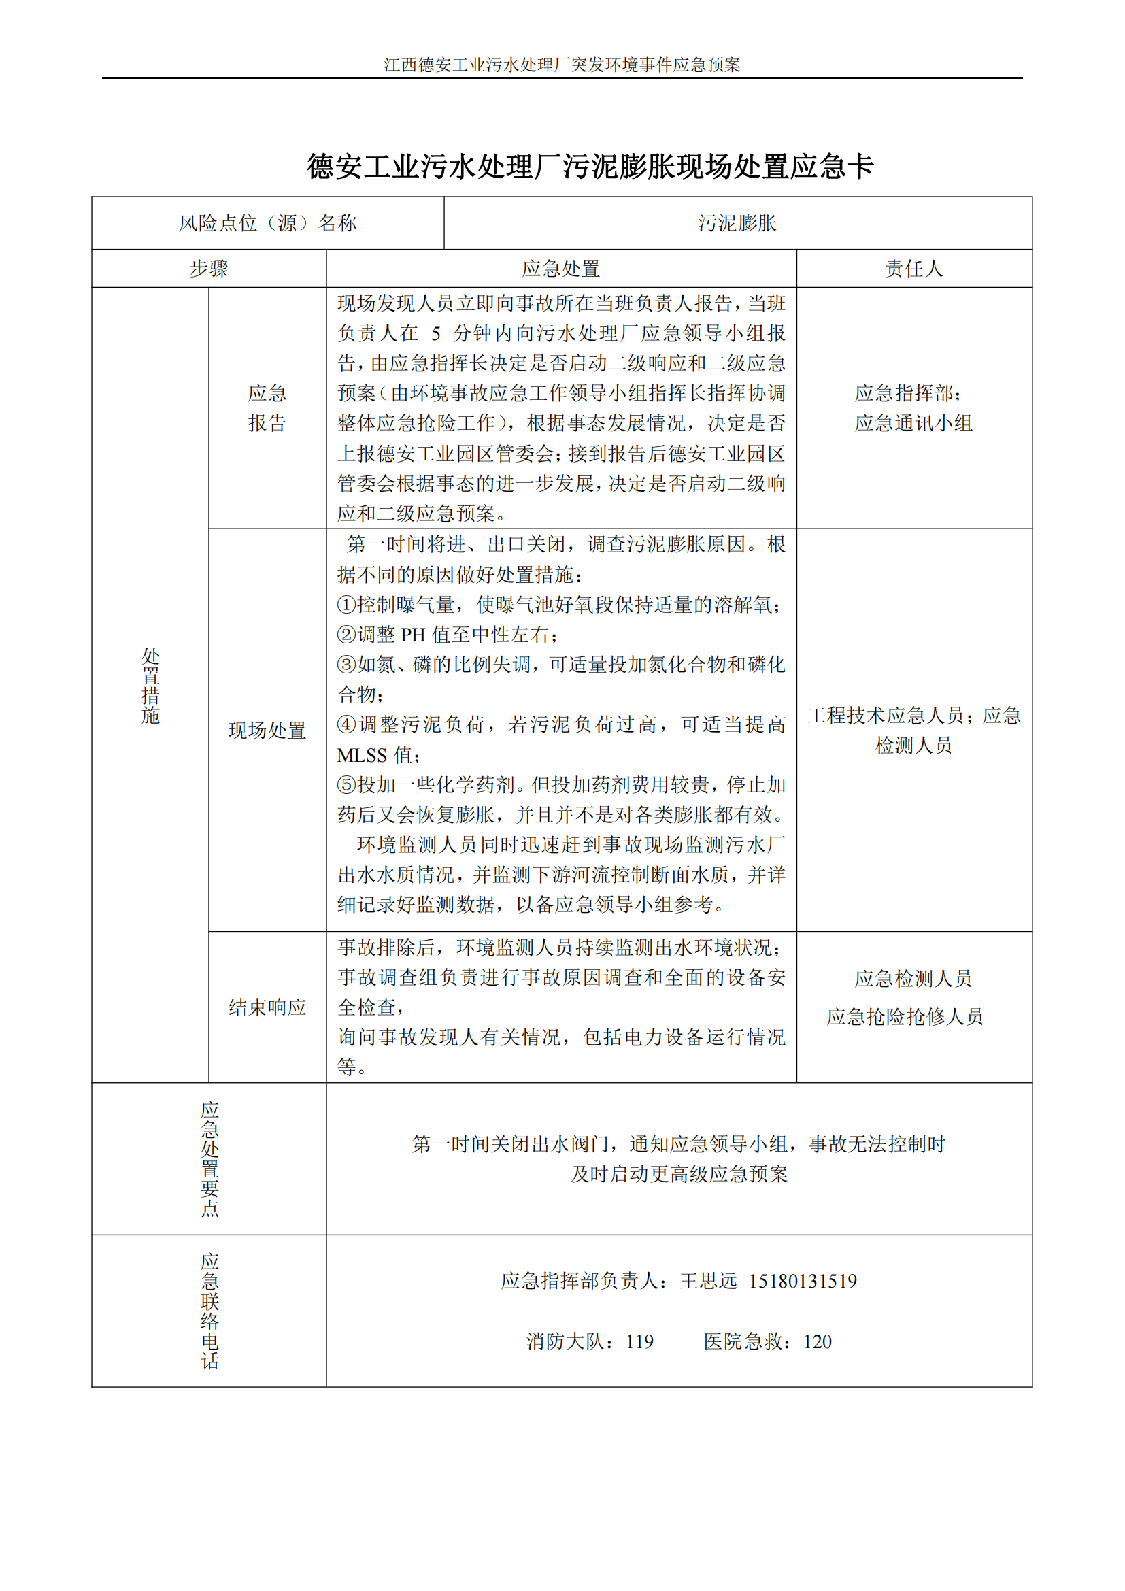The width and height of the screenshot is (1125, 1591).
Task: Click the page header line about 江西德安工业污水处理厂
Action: (x=562, y=65)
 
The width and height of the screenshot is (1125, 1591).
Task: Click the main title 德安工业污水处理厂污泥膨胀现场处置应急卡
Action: (x=590, y=166)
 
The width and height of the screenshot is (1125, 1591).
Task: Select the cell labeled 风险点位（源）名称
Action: (x=267, y=223)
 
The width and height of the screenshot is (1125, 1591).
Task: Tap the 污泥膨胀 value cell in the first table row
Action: (x=737, y=223)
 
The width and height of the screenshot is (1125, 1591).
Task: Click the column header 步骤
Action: (x=209, y=268)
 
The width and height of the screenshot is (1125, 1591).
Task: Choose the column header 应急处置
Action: (x=561, y=268)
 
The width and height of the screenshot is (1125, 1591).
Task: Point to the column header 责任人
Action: (x=913, y=268)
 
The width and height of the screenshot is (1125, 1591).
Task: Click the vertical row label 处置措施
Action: (x=150, y=686)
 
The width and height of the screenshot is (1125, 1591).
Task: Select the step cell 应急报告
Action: (x=267, y=408)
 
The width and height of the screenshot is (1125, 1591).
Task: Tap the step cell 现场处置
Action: (x=267, y=730)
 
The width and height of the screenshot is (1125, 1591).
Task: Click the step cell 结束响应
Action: (x=267, y=1007)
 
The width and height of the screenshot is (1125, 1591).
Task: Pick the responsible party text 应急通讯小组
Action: (x=913, y=422)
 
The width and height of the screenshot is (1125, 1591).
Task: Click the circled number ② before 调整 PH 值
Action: (x=346, y=635)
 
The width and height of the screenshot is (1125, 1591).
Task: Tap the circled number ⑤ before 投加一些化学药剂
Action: (x=346, y=785)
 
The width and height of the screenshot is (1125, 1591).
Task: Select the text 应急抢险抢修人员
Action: (x=905, y=1016)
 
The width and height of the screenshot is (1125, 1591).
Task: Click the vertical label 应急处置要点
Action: (x=210, y=1158)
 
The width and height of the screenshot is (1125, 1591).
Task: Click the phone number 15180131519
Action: (x=802, y=1282)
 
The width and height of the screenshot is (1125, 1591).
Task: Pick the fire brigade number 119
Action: (x=639, y=1342)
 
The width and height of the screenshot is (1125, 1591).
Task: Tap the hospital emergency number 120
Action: (x=818, y=1342)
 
